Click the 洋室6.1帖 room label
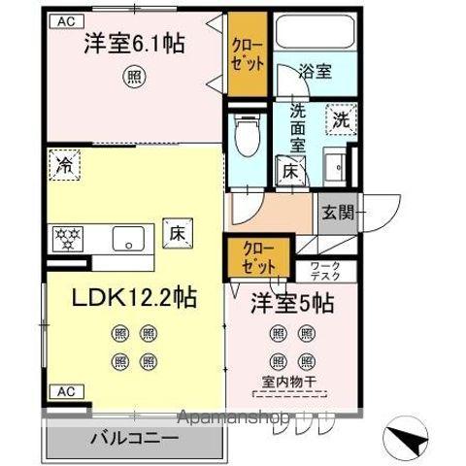click(134, 45)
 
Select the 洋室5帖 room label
click(295, 302)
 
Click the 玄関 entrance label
click(336, 212)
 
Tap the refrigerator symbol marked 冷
click(62, 164)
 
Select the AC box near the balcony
click(64, 391)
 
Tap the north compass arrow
click(408, 434)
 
